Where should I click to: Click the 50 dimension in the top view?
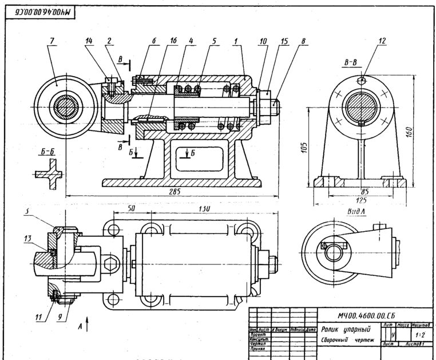131,210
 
